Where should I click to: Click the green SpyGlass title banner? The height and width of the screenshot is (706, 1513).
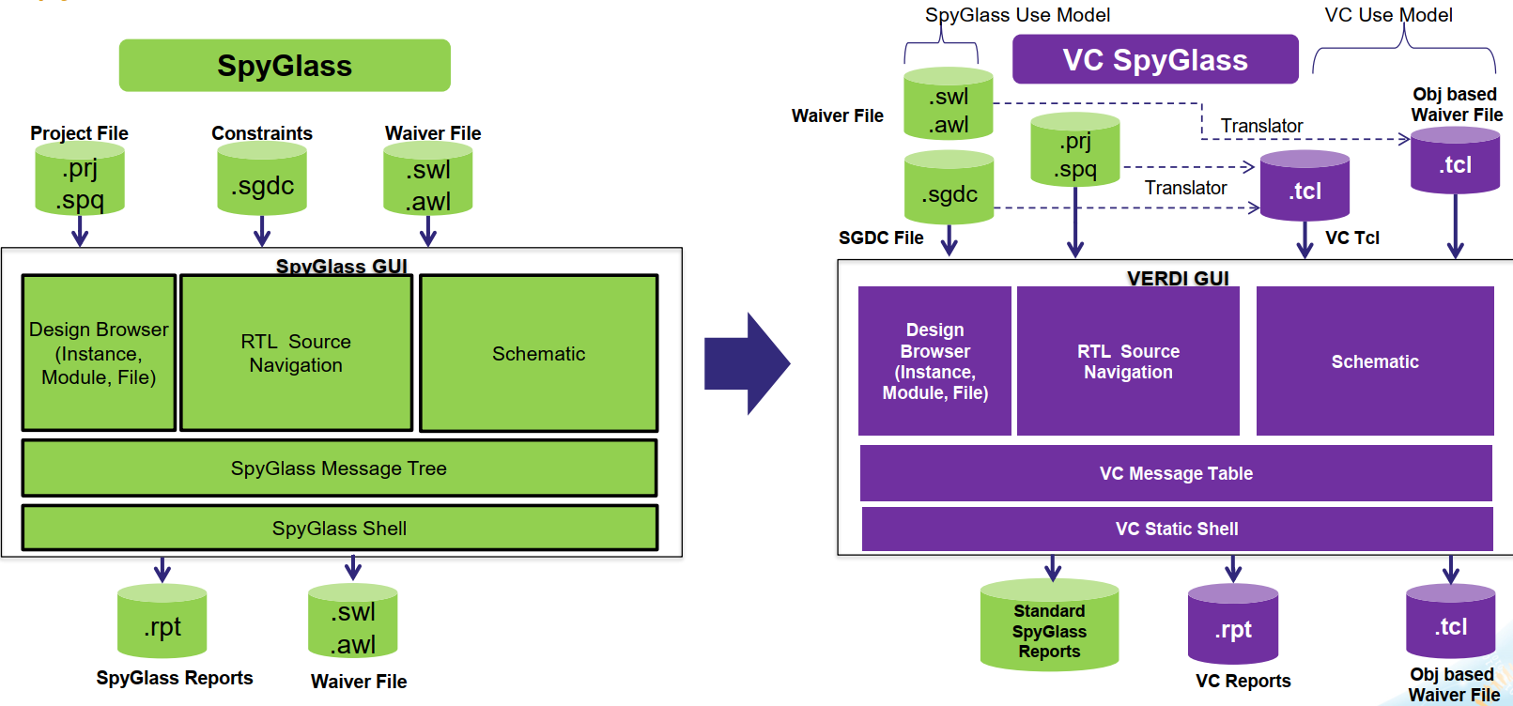tap(285, 65)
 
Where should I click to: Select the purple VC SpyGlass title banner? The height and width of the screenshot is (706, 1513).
tap(1155, 59)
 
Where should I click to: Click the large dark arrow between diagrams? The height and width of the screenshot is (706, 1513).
tap(747, 363)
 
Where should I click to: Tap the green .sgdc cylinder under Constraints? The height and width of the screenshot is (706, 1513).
tap(262, 180)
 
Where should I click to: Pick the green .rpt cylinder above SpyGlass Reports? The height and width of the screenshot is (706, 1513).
tap(162, 622)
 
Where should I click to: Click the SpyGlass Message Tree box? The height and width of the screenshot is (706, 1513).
tap(339, 468)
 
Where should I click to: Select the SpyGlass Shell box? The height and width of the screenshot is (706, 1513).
tap(339, 528)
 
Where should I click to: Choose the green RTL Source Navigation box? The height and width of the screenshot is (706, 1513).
tap(296, 353)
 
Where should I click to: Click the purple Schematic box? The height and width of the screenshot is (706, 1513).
tap(1375, 361)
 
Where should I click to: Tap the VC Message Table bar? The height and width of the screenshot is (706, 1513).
tap(1176, 473)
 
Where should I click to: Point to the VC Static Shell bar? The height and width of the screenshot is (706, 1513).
tap(1177, 529)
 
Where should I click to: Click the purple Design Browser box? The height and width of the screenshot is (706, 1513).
tap(934, 361)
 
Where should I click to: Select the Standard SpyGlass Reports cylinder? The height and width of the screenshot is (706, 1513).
tap(1049, 627)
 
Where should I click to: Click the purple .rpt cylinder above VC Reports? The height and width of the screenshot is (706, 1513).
tap(1233, 626)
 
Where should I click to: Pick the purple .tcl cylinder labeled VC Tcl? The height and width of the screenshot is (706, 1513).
tap(1305, 187)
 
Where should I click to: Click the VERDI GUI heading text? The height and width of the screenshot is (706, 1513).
tap(1178, 278)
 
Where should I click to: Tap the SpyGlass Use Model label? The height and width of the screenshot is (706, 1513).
tap(1017, 15)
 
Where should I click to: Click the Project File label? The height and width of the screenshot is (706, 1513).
tap(79, 133)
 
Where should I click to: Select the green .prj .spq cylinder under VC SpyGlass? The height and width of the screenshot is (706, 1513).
tap(1075, 151)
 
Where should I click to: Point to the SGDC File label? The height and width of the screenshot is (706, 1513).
tap(881, 238)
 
